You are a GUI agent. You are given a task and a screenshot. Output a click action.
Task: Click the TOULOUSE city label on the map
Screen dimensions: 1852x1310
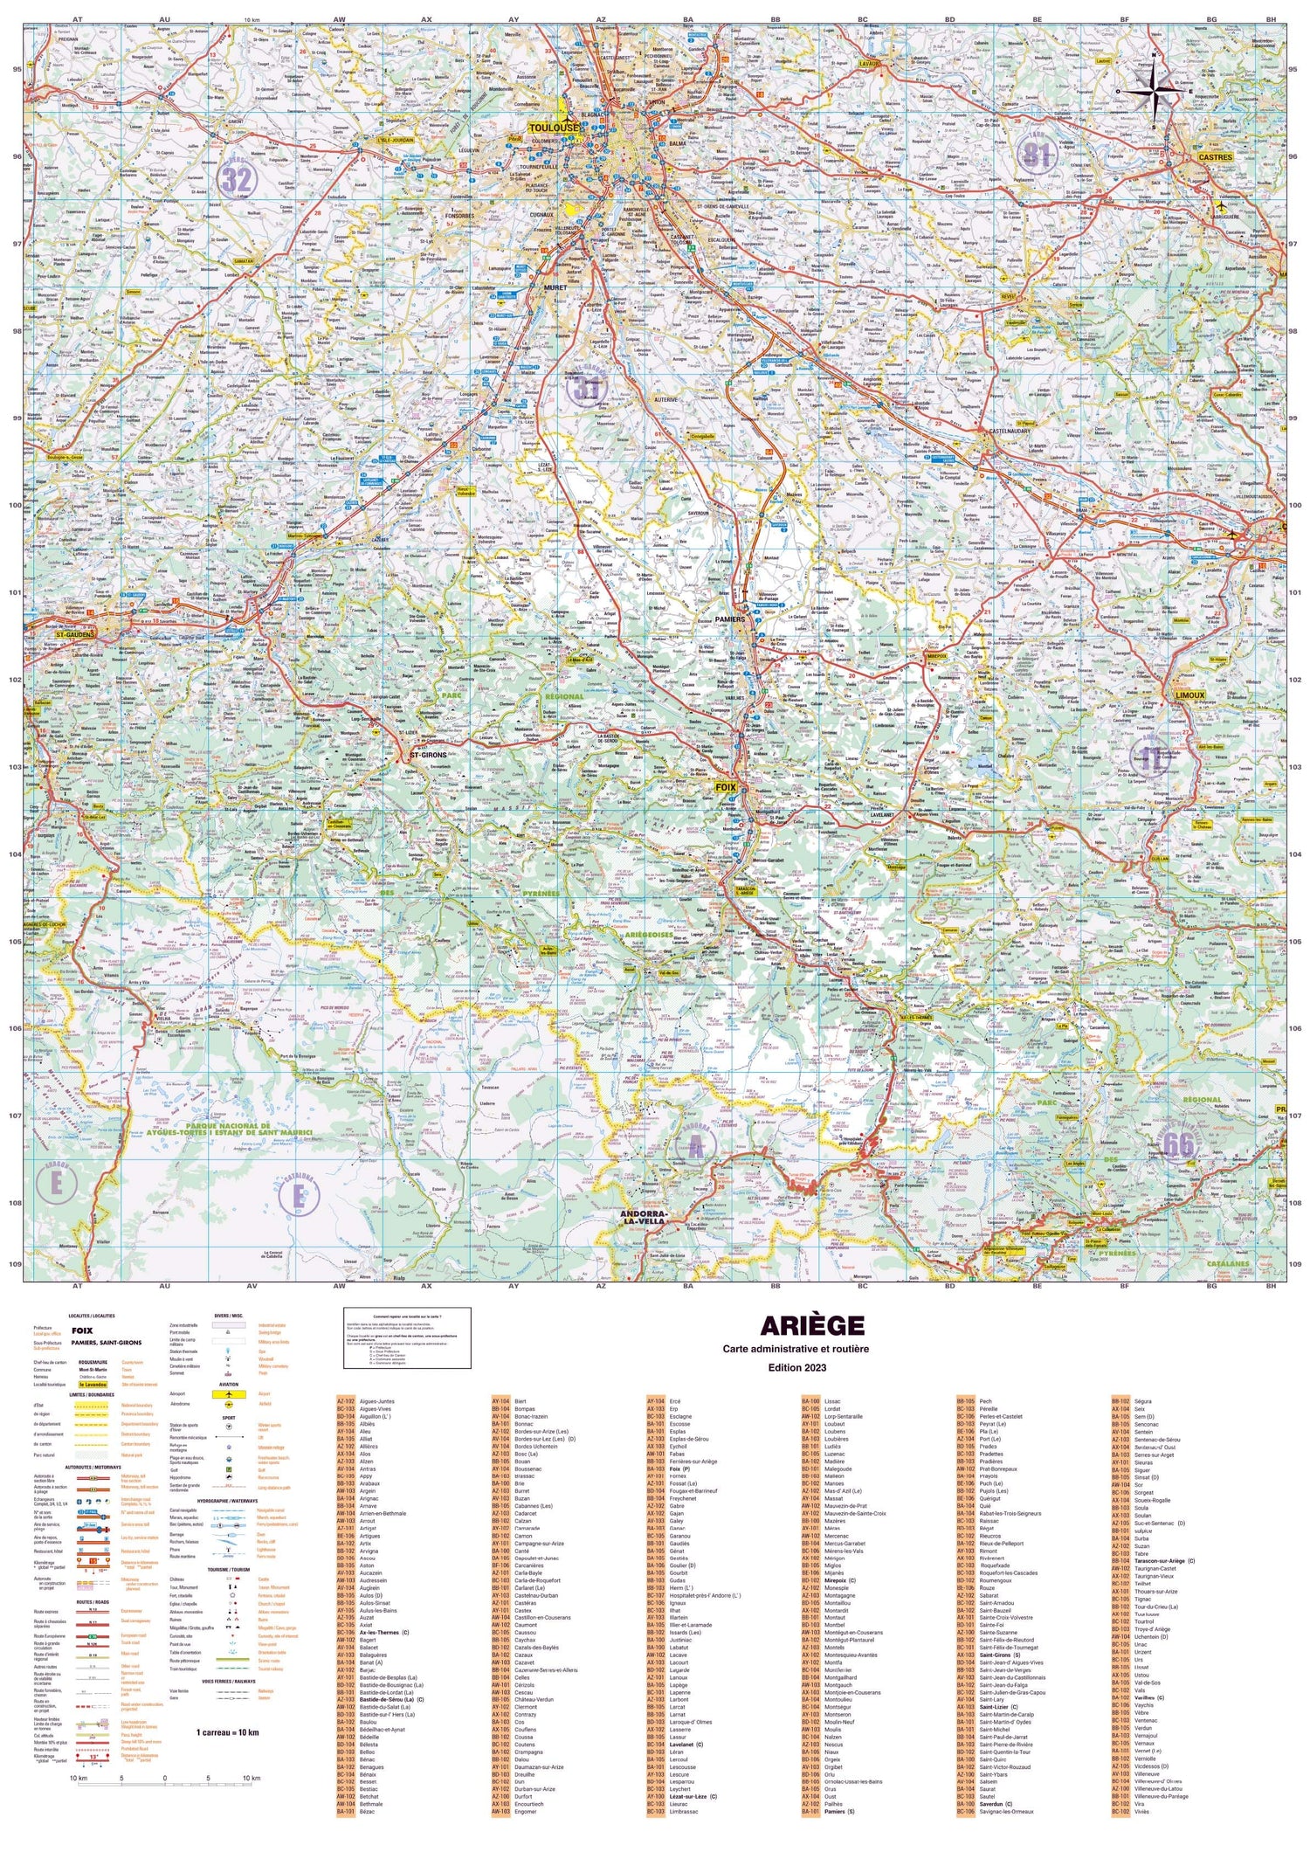click(x=553, y=128)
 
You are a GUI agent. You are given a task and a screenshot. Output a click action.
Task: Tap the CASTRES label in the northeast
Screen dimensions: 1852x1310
click(x=1215, y=157)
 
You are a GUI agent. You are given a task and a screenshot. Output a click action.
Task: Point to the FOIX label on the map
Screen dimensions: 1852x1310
click(x=725, y=787)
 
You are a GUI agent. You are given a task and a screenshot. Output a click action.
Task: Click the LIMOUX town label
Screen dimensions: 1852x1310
click(x=1189, y=695)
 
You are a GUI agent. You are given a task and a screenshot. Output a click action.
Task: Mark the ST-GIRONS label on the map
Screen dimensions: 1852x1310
click(x=428, y=754)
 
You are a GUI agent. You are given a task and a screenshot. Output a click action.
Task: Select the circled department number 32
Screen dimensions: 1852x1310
click(x=236, y=180)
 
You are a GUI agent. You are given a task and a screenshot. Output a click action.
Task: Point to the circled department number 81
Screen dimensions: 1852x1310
click(x=1037, y=154)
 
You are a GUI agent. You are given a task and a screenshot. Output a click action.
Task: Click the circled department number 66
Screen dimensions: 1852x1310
click(x=1178, y=1144)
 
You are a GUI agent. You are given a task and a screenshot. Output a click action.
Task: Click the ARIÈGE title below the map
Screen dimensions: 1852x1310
click(x=811, y=1326)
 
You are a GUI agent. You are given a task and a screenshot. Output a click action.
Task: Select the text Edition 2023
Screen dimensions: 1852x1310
click(x=796, y=1367)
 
